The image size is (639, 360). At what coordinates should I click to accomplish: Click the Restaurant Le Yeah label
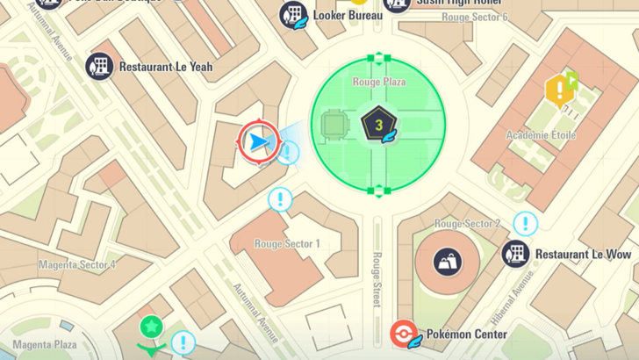165,66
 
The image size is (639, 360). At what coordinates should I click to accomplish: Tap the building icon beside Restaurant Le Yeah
98,65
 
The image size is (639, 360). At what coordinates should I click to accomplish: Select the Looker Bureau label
348,15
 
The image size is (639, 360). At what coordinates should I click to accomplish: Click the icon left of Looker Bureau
292,15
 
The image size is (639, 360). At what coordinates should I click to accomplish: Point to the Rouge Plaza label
378,82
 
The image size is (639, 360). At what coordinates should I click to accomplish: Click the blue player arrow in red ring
258,140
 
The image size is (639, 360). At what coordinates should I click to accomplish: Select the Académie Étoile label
540,135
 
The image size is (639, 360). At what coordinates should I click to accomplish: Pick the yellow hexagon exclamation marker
557,90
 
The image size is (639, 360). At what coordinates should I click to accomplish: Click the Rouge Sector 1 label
287,243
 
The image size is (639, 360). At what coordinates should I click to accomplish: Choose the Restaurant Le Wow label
583,255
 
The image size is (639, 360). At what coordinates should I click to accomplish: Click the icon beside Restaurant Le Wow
515,255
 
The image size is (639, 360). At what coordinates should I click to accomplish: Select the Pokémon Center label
466,335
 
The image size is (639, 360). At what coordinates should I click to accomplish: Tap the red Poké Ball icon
403,335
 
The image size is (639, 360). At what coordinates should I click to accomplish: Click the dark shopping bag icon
446,260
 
